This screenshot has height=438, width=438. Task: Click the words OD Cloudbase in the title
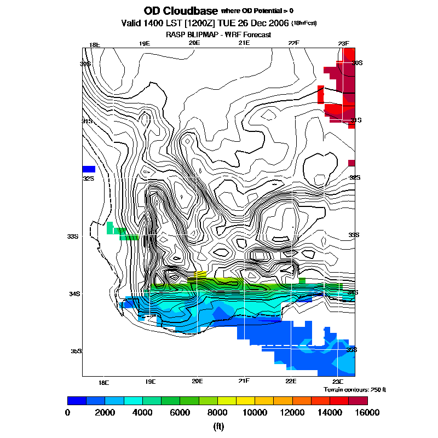(180, 11)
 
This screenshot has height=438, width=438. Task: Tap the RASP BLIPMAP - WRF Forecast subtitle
(218, 34)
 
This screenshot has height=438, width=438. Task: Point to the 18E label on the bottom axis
(103, 382)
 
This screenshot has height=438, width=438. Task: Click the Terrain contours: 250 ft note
(355, 389)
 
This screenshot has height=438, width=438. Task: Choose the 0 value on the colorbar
(67, 412)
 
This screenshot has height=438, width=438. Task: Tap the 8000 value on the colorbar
(217, 412)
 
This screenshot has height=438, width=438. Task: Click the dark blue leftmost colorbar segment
(77, 400)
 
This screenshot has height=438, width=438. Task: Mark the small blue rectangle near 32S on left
(89, 169)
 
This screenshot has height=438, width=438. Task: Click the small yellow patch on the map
(200, 273)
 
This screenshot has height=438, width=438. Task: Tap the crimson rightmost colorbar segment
(358, 400)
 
